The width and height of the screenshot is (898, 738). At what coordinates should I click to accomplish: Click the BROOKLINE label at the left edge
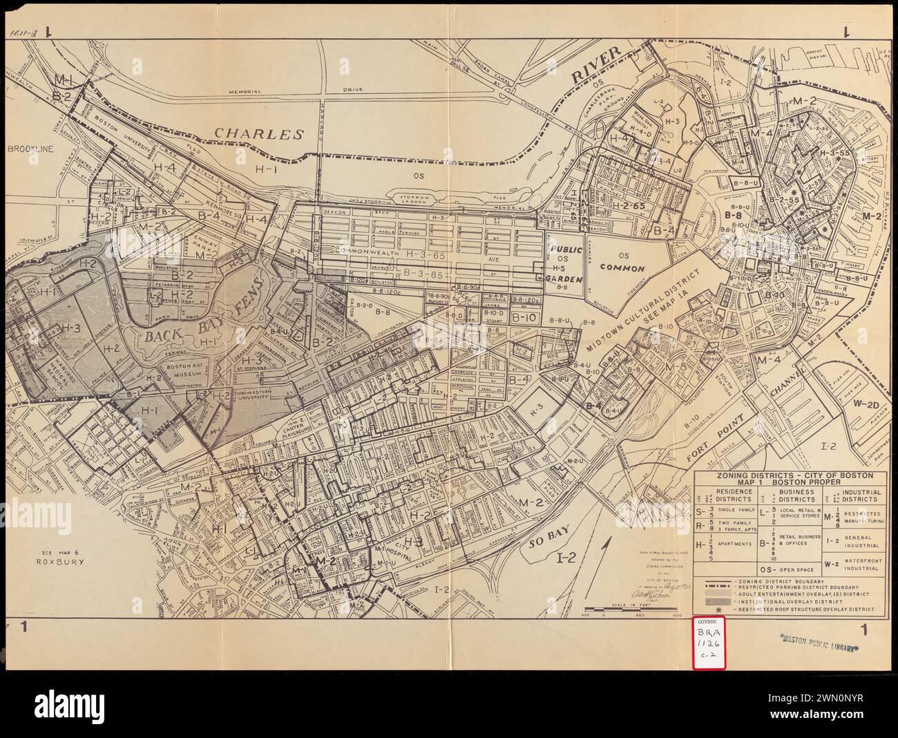click(30, 148)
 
